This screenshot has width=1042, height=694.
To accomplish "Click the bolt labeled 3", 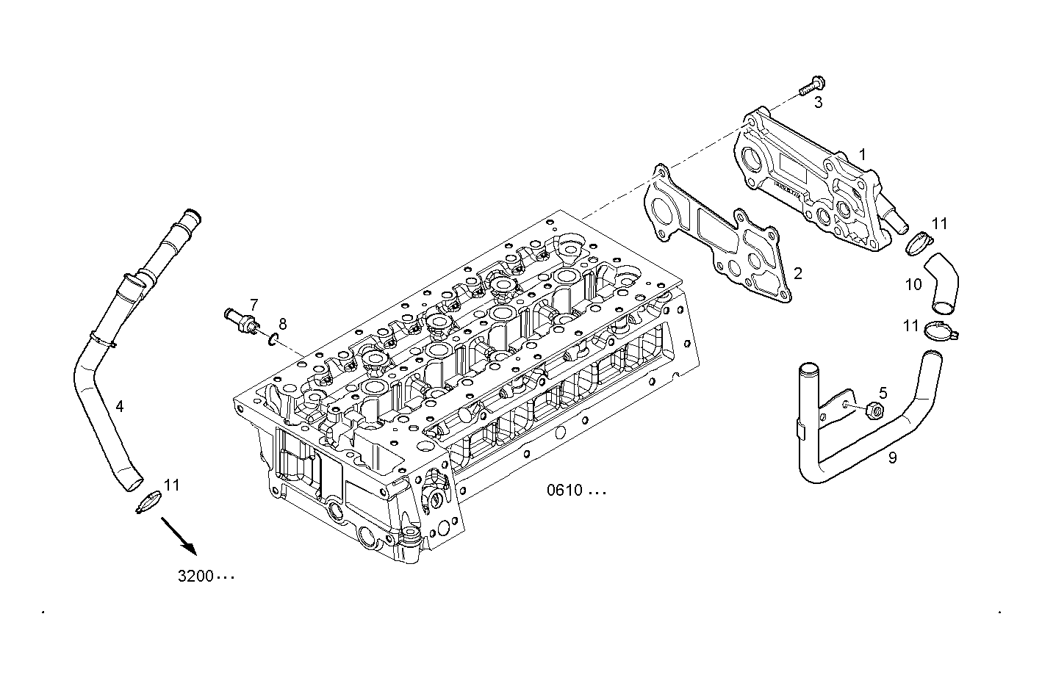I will (811, 86).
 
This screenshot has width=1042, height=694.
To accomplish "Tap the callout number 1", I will (863, 155).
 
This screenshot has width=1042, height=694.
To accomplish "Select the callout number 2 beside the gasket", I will (797, 274).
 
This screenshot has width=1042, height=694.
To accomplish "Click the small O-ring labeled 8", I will (273, 339).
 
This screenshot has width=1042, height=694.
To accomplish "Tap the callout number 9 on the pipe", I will (892, 458).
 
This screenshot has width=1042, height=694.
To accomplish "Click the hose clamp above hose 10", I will (918, 242).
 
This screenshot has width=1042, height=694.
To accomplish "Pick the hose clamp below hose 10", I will (941, 332).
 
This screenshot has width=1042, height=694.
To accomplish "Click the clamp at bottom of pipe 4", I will (148, 502).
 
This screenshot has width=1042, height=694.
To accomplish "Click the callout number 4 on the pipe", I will (119, 406).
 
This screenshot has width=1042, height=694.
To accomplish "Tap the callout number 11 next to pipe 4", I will (171, 485).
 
